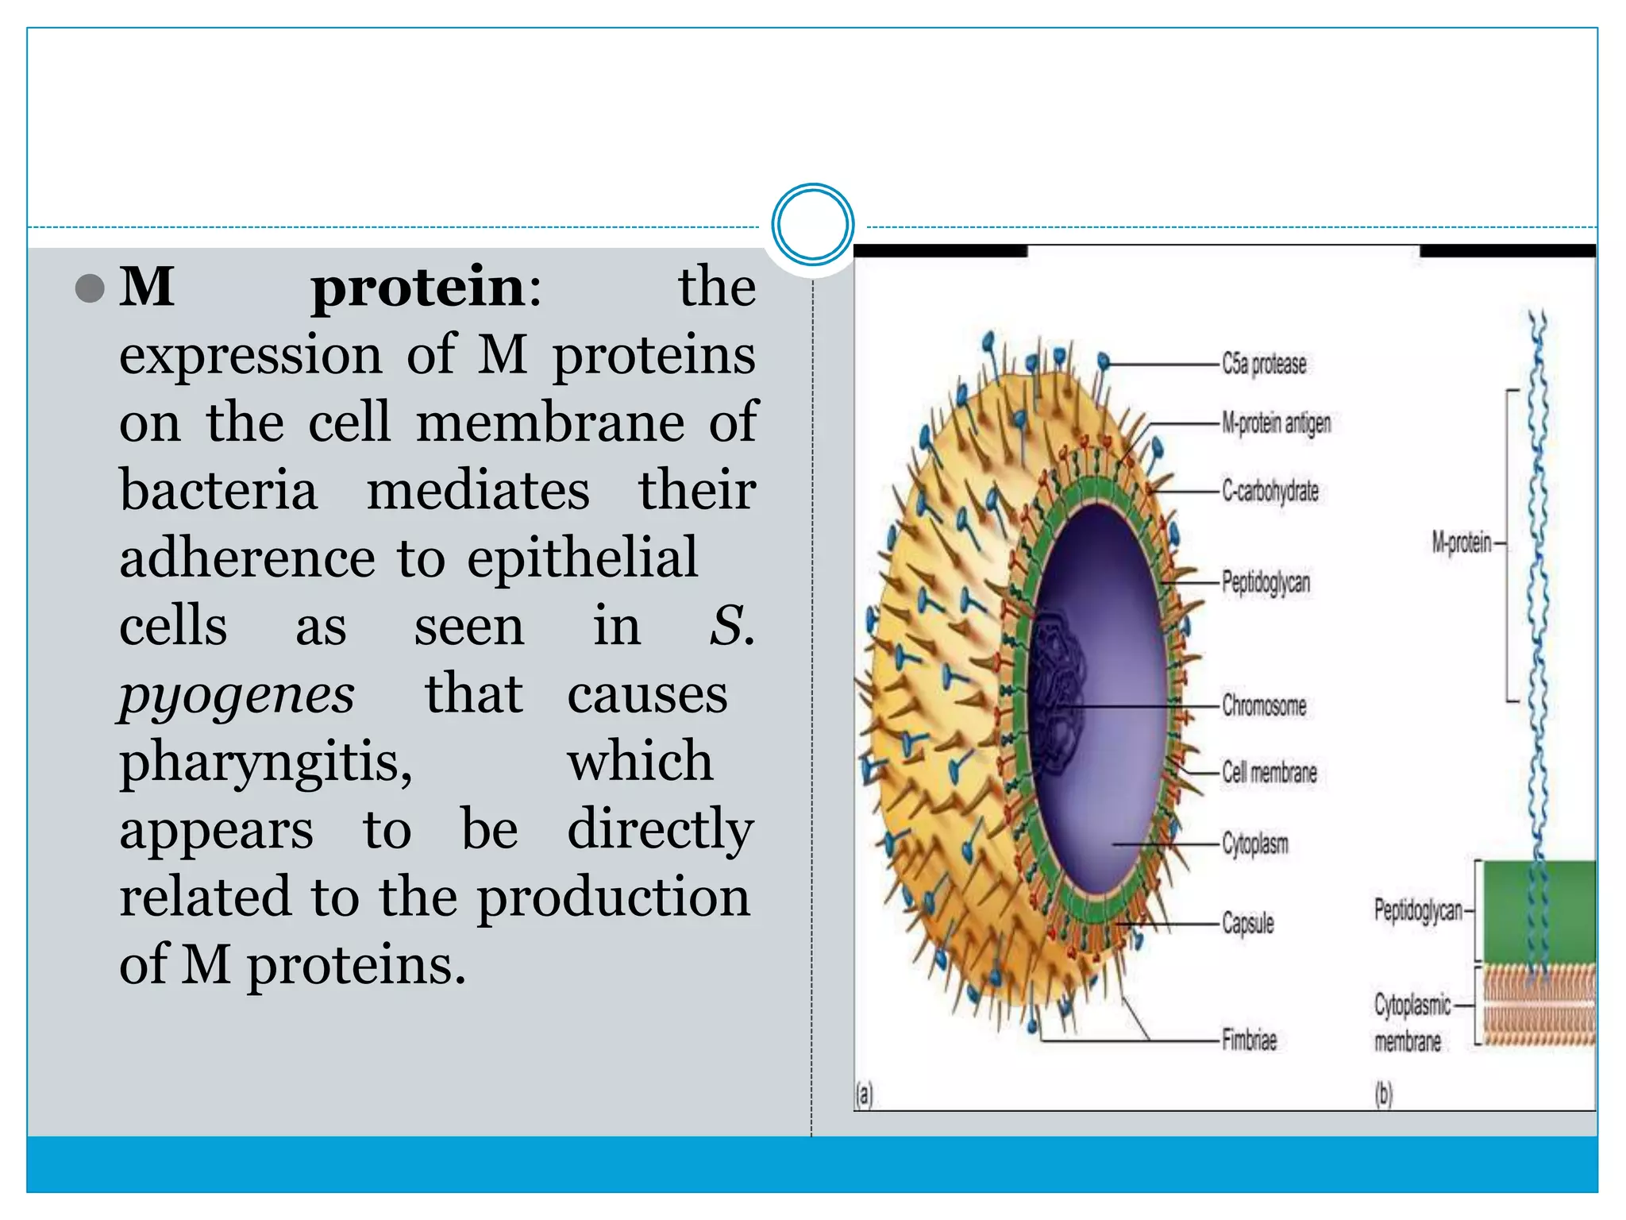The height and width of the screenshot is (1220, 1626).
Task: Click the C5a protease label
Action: coord(1263,364)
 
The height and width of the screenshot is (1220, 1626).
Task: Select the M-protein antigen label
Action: coord(1276,423)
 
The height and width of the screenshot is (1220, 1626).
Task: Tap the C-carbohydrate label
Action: coord(1270,492)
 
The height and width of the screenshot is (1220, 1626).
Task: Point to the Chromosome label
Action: coord(1263,705)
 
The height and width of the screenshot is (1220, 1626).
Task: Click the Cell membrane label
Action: coord(1269,772)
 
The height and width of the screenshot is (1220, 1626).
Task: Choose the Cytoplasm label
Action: coord(1254,844)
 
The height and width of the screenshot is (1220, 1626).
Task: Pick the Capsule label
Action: coord(1247,923)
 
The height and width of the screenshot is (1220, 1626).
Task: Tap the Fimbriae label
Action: coord(1249,1040)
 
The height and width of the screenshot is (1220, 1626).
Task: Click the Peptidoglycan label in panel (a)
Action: coord(1266,582)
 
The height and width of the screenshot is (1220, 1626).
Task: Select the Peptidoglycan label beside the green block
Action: coord(1418,911)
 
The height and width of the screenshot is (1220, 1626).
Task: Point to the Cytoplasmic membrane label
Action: coord(1412,1023)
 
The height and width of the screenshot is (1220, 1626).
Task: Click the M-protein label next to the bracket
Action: coord(1462,543)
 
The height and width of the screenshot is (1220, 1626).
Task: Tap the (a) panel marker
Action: coord(864,1095)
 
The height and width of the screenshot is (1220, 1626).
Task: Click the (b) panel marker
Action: coord(1383,1095)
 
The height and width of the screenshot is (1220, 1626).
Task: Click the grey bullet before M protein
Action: coord(90,288)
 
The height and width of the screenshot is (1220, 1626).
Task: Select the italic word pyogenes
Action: coord(237,696)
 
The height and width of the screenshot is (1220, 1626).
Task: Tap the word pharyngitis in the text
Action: coord(266,762)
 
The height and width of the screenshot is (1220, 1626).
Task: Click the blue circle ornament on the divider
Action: coord(812,225)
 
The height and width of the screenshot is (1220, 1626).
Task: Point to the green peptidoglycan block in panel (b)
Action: coord(1539,912)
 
